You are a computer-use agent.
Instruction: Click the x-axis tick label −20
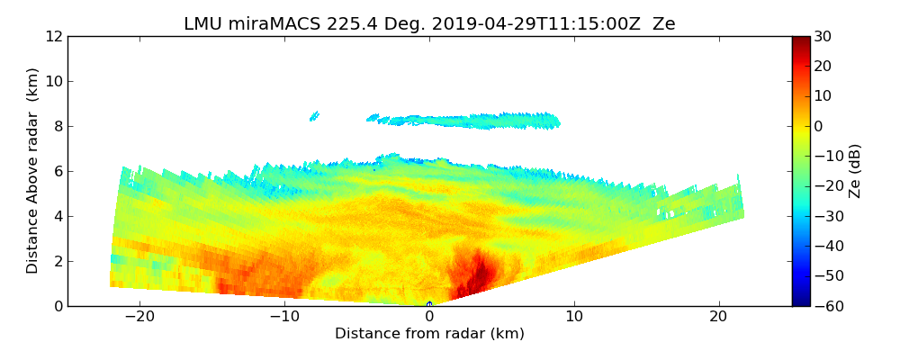139,317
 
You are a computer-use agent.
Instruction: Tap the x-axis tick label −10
284,317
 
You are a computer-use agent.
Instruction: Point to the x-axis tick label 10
574,317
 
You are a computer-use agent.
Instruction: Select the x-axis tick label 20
718,317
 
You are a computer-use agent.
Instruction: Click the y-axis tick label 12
53,36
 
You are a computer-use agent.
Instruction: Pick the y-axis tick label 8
58,126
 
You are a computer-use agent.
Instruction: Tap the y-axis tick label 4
58,216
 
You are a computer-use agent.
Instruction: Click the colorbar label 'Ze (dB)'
855,171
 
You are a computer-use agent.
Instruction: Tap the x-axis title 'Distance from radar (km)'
429,334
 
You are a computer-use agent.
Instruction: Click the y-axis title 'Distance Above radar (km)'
33,171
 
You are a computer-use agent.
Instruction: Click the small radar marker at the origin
429,304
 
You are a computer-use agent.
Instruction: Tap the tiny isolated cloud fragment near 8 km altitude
314,115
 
